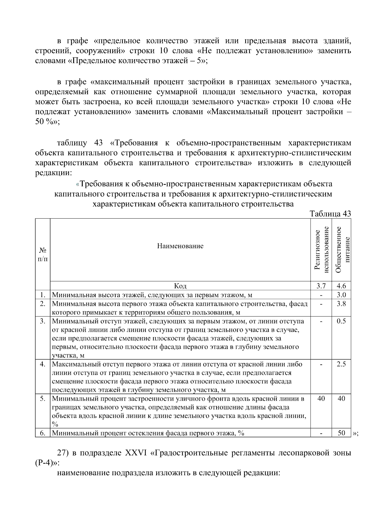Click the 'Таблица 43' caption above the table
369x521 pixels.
click(330, 214)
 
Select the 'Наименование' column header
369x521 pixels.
click(180, 246)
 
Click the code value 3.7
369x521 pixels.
click(321, 286)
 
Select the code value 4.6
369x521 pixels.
click(341, 286)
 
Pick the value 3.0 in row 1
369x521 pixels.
click(341, 295)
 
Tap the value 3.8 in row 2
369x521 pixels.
click(341, 304)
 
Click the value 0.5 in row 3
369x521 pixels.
click(341, 321)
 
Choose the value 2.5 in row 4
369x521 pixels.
click(341, 364)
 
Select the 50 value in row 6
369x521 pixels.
click(341, 433)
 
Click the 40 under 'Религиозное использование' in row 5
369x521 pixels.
click(321, 399)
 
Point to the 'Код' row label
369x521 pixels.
click(180, 286)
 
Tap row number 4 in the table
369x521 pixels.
click(43, 364)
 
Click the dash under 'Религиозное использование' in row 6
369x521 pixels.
click(321, 434)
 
